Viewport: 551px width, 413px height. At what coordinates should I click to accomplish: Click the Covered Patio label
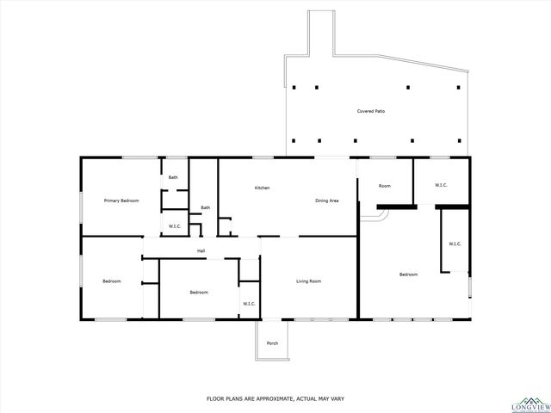tap(371, 111)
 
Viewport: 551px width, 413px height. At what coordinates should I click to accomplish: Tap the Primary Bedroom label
tap(121, 200)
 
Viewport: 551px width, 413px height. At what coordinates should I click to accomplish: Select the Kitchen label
tap(263, 188)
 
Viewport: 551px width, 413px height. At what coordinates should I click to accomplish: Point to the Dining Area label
tap(326, 200)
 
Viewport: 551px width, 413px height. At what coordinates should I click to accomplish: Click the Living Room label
tap(309, 281)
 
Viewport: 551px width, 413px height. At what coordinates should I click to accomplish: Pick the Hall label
tap(201, 250)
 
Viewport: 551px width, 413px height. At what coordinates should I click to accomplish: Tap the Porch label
tap(272, 343)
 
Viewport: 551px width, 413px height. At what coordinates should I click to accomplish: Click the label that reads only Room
tap(385, 186)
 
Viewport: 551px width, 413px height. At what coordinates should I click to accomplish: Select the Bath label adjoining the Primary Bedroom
tap(173, 177)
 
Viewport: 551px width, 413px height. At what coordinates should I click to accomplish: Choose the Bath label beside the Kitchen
tap(206, 207)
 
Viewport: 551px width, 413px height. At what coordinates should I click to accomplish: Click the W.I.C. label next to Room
tap(441, 185)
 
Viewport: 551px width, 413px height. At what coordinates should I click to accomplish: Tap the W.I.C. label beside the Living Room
tap(249, 303)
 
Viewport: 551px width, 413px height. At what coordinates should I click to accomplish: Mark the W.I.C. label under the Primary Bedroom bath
tap(174, 226)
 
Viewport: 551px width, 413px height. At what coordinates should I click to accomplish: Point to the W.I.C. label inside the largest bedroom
tap(455, 243)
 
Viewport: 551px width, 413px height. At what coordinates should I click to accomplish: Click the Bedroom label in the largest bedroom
tap(408, 274)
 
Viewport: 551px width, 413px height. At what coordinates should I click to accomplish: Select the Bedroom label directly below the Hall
tap(199, 293)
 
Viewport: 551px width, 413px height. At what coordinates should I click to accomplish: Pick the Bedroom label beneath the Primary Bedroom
tap(112, 281)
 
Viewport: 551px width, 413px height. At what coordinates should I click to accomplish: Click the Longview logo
tap(528, 404)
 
